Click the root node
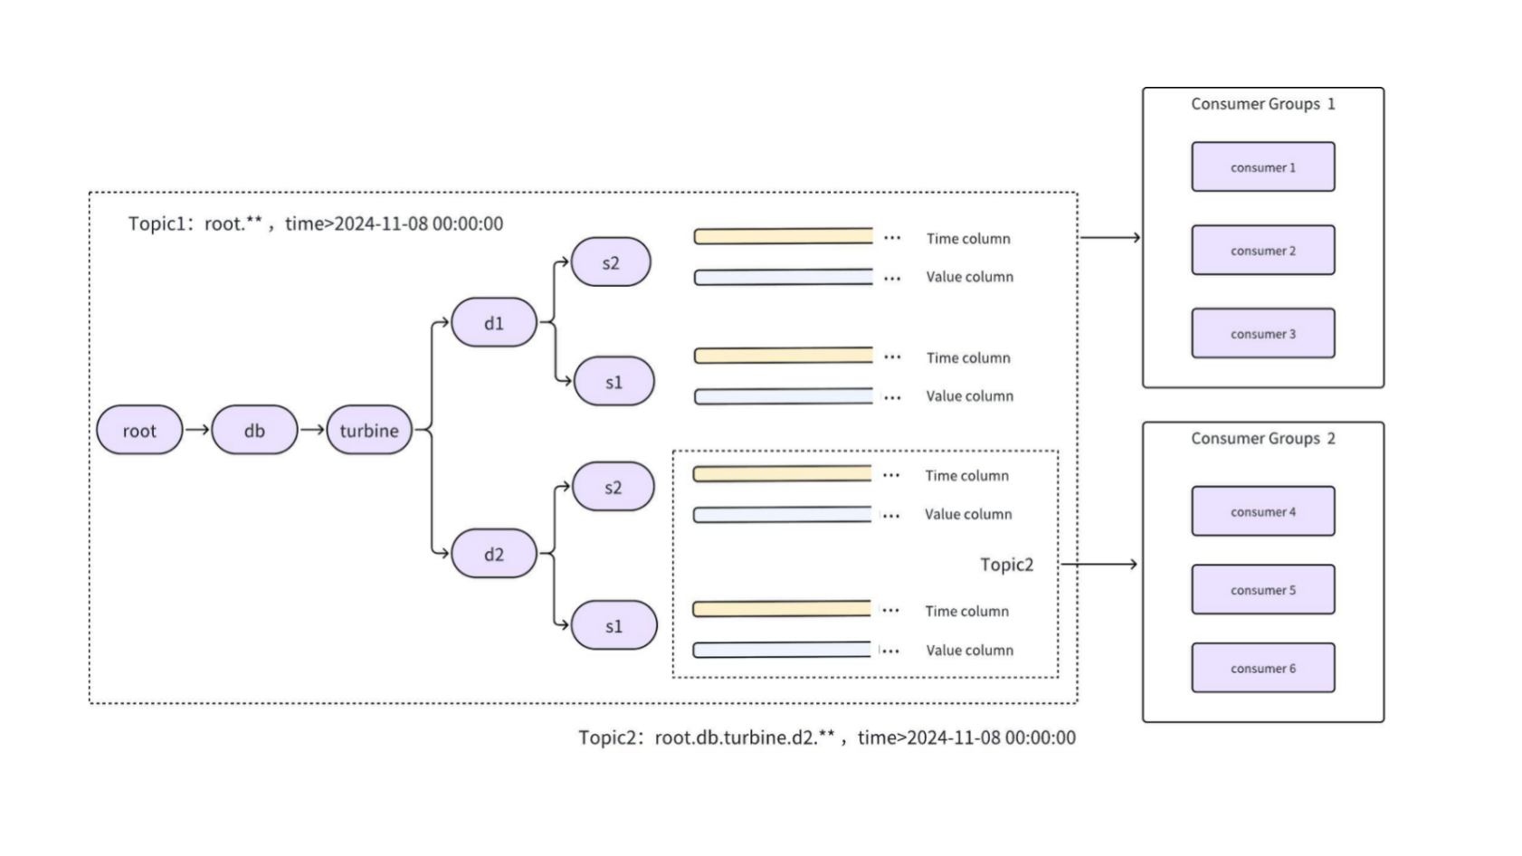point(139,431)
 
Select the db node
point(254,431)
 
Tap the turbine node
point(369,431)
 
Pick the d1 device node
point(494,323)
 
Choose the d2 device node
point(494,554)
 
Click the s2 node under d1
point(611,262)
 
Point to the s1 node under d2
point(614,625)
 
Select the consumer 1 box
point(1262,167)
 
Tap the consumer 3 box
point(1262,334)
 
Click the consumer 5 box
point(1262,590)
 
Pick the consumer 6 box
point(1262,669)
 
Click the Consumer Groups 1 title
point(1262,104)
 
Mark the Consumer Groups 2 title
point(1262,439)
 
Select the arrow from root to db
point(197,430)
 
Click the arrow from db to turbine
point(312,430)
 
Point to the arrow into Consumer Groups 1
point(1110,237)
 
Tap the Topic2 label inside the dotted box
point(1006,565)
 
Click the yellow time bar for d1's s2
point(784,237)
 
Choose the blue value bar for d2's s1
point(782,650)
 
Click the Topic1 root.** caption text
point(315,224)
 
